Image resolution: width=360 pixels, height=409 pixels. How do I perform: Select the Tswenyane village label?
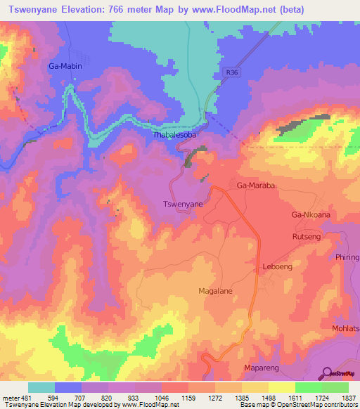click(x=183, y=204)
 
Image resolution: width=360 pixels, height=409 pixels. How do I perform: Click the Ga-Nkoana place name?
click(x=311, y=214)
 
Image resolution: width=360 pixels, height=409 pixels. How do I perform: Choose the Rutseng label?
click(x=307, y=238)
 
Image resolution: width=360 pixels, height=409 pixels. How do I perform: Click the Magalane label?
click(x=216, y=290)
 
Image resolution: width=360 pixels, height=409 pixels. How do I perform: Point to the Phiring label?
click(x=347, y=257)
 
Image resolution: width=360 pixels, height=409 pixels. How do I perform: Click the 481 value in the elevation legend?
click(x=27, y=398)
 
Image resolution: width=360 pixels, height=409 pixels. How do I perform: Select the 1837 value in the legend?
click(x=348, y=398)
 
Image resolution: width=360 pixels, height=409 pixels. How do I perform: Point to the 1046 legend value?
click(x=160, y=398)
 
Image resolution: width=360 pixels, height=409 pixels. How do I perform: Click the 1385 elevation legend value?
click(x=240, y=398)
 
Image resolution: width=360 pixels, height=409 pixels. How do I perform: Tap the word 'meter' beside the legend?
click(x=11, y=398)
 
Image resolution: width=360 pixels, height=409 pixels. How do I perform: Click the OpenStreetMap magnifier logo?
click(x=326, y=372)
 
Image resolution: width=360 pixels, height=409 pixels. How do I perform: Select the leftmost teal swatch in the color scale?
click(x=41, y=387)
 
